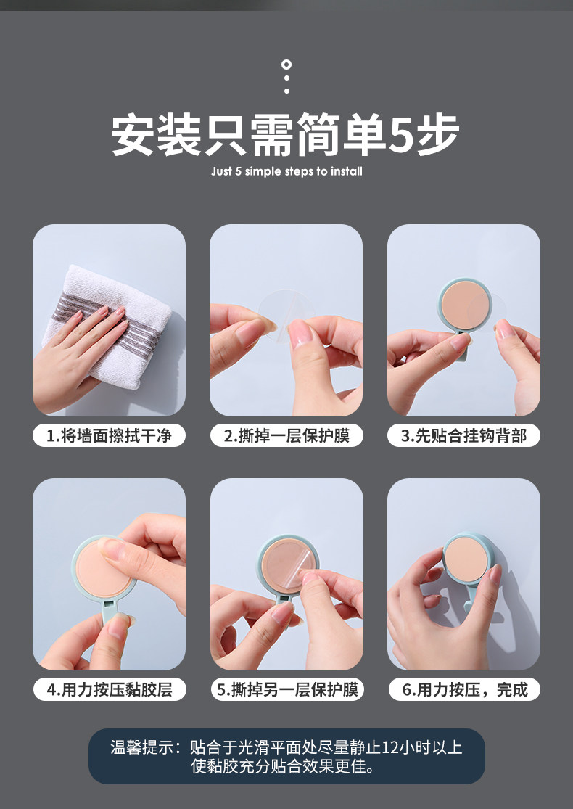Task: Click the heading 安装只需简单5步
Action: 285,135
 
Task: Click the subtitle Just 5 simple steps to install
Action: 286,171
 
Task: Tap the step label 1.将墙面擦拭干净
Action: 109,435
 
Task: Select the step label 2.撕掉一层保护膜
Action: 286,435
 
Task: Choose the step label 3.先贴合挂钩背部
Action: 463,435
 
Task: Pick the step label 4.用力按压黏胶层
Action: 110,689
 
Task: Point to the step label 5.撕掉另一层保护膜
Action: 287,689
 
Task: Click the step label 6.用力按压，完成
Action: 465,689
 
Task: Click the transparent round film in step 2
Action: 286,313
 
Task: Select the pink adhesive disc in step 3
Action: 464,305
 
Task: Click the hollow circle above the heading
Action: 286,65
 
